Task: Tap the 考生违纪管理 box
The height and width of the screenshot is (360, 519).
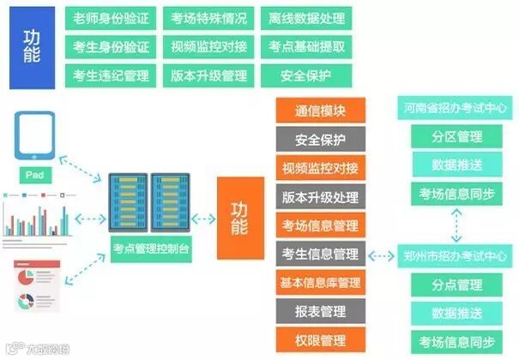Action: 112,75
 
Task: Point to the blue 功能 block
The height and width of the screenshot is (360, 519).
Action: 33,48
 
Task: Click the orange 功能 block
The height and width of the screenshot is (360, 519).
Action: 239,218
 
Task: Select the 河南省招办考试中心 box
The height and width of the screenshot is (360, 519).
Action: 455,109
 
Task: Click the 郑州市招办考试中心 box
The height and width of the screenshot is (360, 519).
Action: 455,255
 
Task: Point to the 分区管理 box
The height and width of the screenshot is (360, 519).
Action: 455,135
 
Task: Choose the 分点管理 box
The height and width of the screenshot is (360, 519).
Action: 455,284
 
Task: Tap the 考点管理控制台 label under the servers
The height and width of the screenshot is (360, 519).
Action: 151,249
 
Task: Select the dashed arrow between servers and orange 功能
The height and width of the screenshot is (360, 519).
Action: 204,218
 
